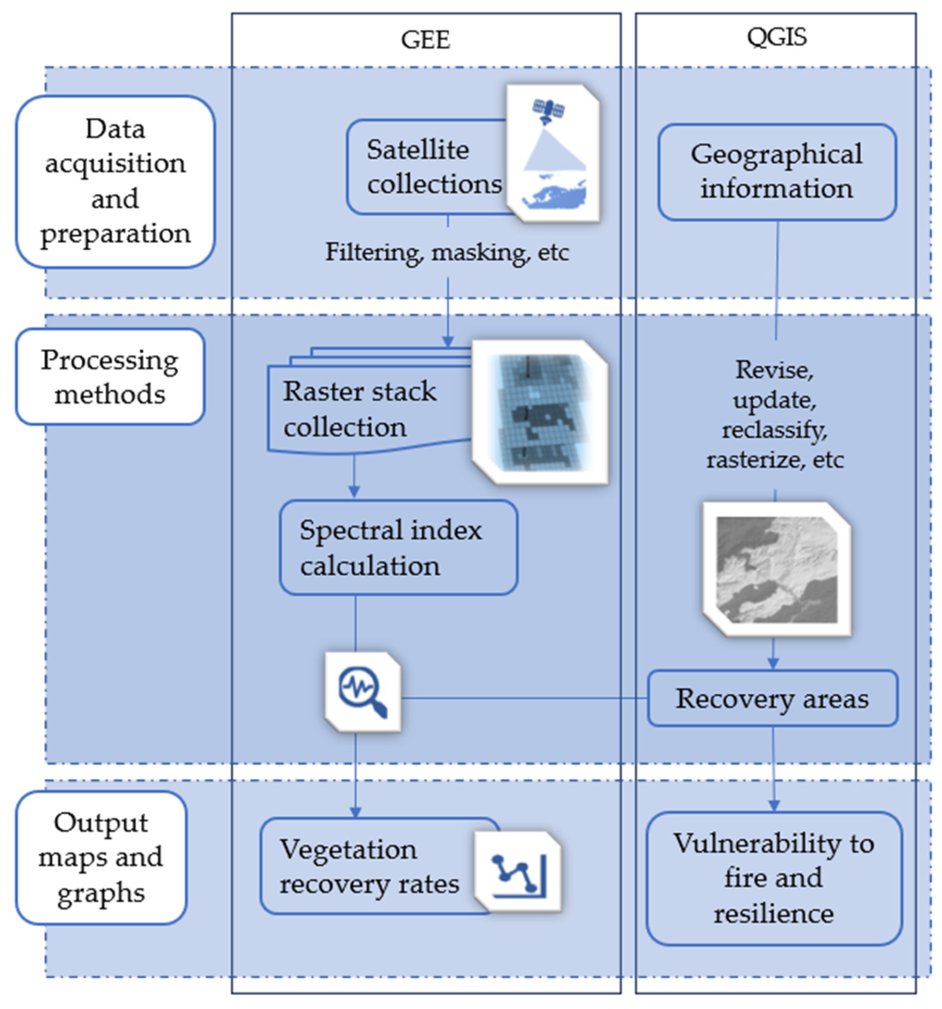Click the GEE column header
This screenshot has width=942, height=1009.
click(x=425, y=40)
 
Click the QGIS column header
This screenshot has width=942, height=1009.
click(x=776, y=38)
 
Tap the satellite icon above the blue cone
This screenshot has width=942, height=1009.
click(x=548, y=110)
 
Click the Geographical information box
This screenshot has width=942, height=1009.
click(x=777, y=172)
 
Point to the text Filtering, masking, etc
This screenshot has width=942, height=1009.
click(x=447, y=252)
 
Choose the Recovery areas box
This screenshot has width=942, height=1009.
click(x=772, y=699)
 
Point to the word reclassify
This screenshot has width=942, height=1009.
click(x=775, y=430)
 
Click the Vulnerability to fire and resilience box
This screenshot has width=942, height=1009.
click(x=773, y=878)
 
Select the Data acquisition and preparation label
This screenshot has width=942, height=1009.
click(x=115, y=181)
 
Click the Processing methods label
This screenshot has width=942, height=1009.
click(x=110, y=377)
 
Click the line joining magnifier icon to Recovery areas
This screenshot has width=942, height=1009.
click(x=523, y=699)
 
